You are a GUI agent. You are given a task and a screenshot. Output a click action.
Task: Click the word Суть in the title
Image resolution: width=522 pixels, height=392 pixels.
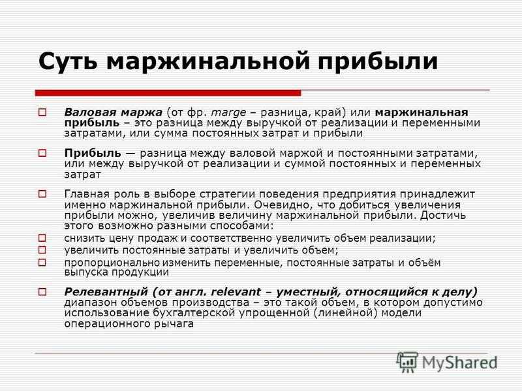pyautogui.click(x=68, y=61)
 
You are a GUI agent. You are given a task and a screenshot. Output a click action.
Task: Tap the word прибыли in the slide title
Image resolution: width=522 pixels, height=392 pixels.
pyautogui.click(x=378, y=62)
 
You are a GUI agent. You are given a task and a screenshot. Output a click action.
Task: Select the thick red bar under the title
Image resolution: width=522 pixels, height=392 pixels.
pyautogui.click(x=168, y=93)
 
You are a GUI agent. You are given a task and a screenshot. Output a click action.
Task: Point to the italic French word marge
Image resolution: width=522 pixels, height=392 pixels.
pyautogui.click(x=229, y=113)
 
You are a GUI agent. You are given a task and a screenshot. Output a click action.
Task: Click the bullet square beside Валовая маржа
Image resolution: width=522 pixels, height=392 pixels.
pyautogui.click(x=42, y=112)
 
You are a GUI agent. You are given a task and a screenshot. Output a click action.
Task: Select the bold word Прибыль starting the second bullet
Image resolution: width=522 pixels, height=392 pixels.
pyautogui.click(x=93, y=154)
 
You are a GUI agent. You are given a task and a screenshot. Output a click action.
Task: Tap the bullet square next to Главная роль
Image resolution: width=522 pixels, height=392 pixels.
pyautogui.click(x=42, y=193)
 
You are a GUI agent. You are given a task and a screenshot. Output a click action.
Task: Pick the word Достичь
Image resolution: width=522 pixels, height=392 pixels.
pyautogui.click(x=443, y=216)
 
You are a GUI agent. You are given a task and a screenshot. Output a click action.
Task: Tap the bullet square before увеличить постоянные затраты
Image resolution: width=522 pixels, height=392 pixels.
pyautogui.click(x=42, y=250)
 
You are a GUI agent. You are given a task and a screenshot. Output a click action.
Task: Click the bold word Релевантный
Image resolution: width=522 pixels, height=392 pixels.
pyautogui.click(x=106, y=292)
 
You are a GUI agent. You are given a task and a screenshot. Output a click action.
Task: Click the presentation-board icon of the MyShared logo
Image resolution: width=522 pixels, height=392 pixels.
pyautogui.click(x=407, y=362)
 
